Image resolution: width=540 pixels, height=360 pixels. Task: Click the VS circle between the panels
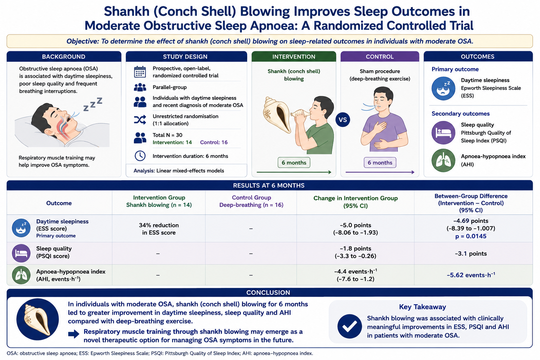point(342,120)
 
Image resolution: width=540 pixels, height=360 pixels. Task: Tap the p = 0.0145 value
point(471,236)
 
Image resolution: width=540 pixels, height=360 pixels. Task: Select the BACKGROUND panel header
point(64,56)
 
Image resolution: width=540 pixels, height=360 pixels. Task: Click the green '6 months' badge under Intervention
point(294,162)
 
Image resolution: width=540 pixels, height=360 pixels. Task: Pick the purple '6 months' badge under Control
point(380,162)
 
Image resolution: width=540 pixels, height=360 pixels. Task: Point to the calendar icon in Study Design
point(140,72)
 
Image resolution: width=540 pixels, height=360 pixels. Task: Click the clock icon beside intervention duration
point(140,156)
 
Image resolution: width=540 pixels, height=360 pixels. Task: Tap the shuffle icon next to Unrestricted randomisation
point(140,120)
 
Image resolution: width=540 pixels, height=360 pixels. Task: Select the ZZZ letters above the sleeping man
point(93,104)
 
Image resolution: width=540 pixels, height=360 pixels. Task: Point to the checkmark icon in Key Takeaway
point(349,326)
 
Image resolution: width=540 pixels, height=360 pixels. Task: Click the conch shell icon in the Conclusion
point(37,319)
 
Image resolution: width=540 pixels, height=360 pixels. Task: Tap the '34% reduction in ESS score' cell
point(159,229)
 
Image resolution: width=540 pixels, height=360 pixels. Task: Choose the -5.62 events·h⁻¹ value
point(471,275)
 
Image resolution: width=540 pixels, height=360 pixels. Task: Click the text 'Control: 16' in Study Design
point(214,142)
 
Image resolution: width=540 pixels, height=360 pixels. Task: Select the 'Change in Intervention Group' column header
point(355,198)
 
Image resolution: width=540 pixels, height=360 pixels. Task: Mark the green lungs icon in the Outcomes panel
point(443,160)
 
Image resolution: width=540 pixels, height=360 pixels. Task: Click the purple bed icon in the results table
point(21,253)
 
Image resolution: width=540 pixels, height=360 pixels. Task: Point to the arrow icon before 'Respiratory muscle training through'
point(73,334)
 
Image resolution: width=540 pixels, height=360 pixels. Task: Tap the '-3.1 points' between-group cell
point(471,254)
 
